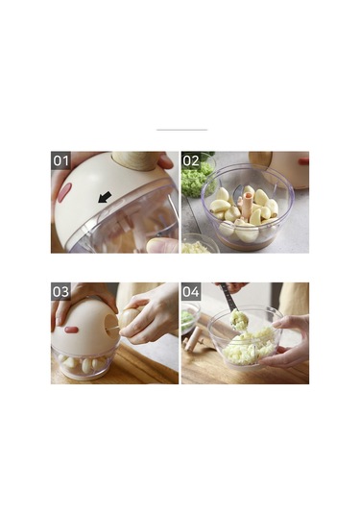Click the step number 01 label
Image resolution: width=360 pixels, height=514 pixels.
click(60, 160)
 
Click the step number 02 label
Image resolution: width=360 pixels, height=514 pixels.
click(191, 160)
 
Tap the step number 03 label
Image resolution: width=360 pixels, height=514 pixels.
click(60, 291)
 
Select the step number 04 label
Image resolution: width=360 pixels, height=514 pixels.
click(191, 291)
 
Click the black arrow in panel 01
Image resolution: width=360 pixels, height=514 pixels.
click(105, 197)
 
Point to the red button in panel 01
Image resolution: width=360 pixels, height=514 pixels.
click(64, 192)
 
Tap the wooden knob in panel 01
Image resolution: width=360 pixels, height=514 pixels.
click(136, 161)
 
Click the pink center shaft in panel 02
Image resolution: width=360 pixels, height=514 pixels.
click(247, 208)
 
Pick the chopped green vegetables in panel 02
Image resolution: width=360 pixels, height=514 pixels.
click(196, 179)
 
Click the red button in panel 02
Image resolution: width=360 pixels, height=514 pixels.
click(303, 161)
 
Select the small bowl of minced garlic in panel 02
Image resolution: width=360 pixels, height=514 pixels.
click(198, 244)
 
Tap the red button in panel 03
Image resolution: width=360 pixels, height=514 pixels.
click(71, 330)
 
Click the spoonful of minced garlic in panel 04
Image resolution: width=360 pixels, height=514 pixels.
click(238, 320)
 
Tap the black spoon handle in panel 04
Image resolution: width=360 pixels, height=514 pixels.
click(228, 297)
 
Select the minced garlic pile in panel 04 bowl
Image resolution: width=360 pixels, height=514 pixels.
click(250, 348)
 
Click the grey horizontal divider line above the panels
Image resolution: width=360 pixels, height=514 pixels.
click(181, 130)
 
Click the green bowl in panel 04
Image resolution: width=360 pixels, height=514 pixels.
click(190, 318)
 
